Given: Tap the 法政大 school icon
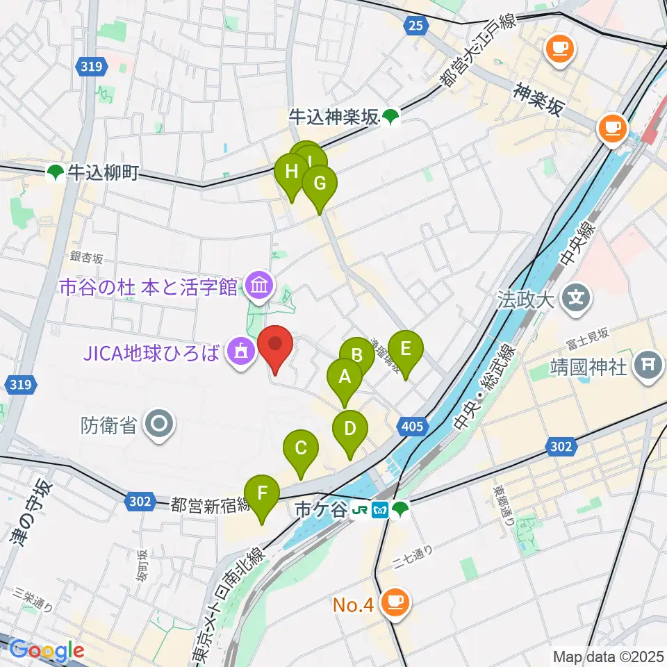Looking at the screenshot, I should point(576,299).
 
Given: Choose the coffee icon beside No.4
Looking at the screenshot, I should point(395,602).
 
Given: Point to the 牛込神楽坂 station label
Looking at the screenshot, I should point(334,118).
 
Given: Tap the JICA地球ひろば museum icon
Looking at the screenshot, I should point(240,354).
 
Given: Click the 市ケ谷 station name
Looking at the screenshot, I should point(320,510).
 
